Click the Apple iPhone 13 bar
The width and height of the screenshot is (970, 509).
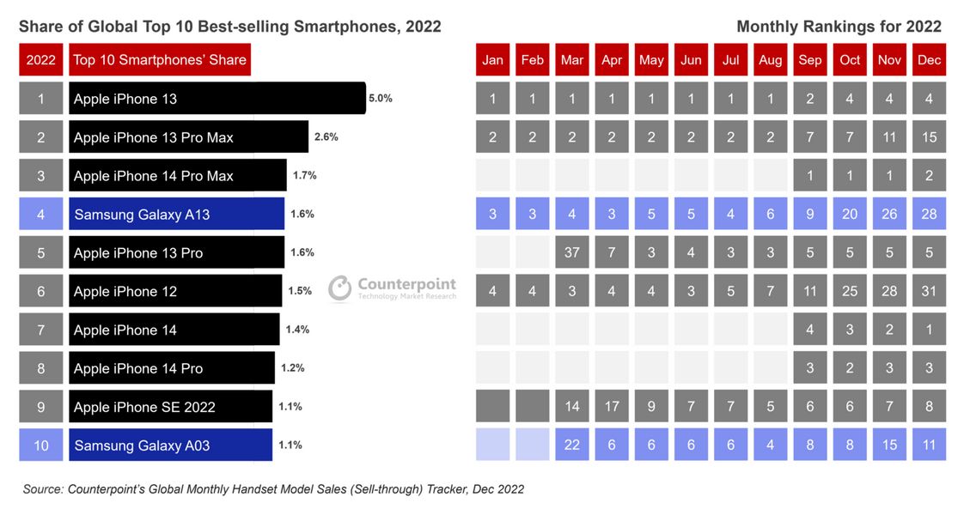[217, 99]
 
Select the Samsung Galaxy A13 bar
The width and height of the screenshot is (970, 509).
[176, 215]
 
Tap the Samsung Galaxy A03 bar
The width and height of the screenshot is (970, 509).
[170, 445]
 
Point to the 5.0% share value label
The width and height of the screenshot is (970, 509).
[381, 99]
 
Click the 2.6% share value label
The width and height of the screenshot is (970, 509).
[326, 137]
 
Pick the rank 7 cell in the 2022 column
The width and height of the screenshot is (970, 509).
[41, 330]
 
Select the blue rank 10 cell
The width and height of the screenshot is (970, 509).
[41, 445]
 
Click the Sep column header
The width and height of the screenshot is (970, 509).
[810, 60]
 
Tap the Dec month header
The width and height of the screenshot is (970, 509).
[929, 60]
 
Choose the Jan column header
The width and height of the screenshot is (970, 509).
[493, 60]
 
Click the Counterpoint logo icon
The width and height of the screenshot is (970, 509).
[340, 288]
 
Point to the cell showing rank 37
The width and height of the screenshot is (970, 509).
[572, 252]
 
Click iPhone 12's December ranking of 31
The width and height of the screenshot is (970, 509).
[929, 291]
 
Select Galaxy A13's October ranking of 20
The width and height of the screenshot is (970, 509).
[850, 214]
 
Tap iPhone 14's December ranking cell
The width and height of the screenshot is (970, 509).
[929, 330]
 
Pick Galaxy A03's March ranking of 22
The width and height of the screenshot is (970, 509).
[572, 445]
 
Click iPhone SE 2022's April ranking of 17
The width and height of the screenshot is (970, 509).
[612, 407]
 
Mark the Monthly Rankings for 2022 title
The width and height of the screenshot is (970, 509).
[839, 27]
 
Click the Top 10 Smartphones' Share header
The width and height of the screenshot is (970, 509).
[160, 60]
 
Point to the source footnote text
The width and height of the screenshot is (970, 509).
[273, 489]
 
